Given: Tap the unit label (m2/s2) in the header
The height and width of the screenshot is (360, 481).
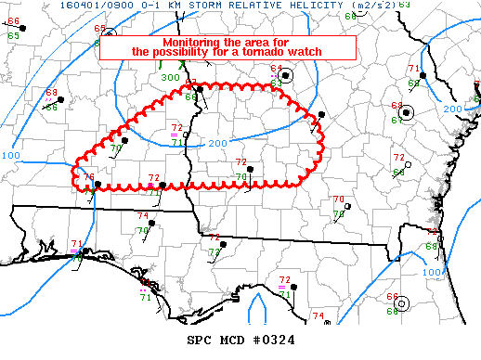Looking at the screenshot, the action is point(373,6).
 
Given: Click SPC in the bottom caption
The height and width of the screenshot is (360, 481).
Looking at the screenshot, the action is point(200,341).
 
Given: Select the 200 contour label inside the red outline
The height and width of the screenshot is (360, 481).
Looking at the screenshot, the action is point(216,143).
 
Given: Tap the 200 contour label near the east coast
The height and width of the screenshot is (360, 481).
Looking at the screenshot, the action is point(451,109).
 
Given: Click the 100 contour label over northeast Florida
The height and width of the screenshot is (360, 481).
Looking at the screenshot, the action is point(432,272).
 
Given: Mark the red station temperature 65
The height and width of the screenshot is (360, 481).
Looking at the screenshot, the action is point(99,29).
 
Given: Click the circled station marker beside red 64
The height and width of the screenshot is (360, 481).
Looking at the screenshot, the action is point(287,76).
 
